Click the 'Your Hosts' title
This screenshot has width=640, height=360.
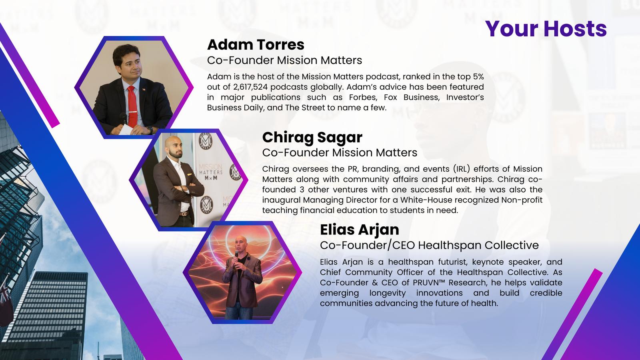click(546, 29)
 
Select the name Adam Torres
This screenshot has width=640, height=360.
click(256, 44)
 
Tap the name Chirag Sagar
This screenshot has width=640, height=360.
click(312, 138)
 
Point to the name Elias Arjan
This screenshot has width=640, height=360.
click(360, 230)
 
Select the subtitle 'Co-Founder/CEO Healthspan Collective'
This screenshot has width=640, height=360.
click(429, 245)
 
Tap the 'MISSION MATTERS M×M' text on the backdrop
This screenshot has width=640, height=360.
click(211, 172)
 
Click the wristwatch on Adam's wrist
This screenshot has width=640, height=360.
click(150, 130)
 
